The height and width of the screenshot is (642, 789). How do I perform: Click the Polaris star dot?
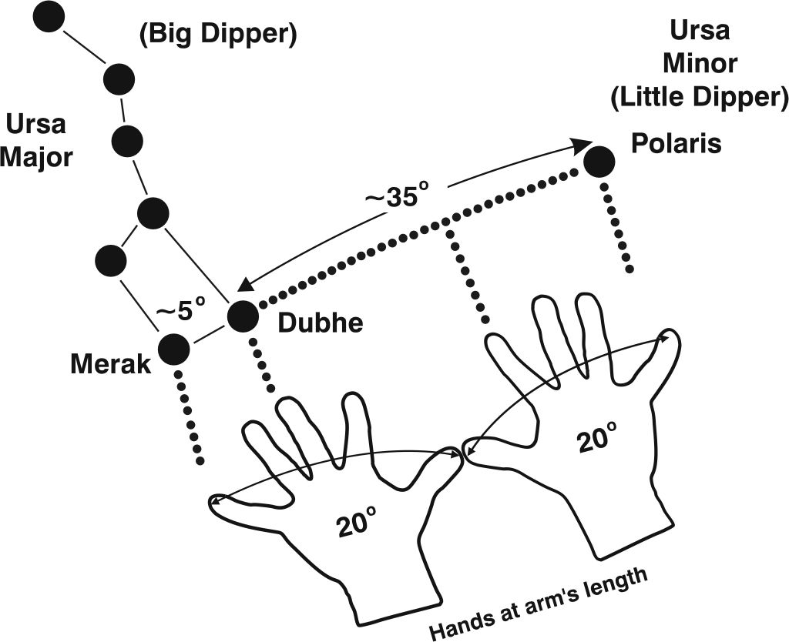(x=599, y=162)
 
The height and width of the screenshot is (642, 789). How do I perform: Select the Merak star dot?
(x=173, y=349)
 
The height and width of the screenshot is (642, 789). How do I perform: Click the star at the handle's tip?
(x=49, y=17)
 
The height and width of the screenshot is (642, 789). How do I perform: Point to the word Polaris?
(x=676, y=142)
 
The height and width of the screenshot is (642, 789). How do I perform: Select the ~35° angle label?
(x=395, y=196)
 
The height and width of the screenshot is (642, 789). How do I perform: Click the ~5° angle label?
(x=181, y=312)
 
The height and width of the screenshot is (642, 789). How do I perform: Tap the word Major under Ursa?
(x=36, y=157)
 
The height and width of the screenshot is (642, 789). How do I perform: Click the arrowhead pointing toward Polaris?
(x=583, y=143)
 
